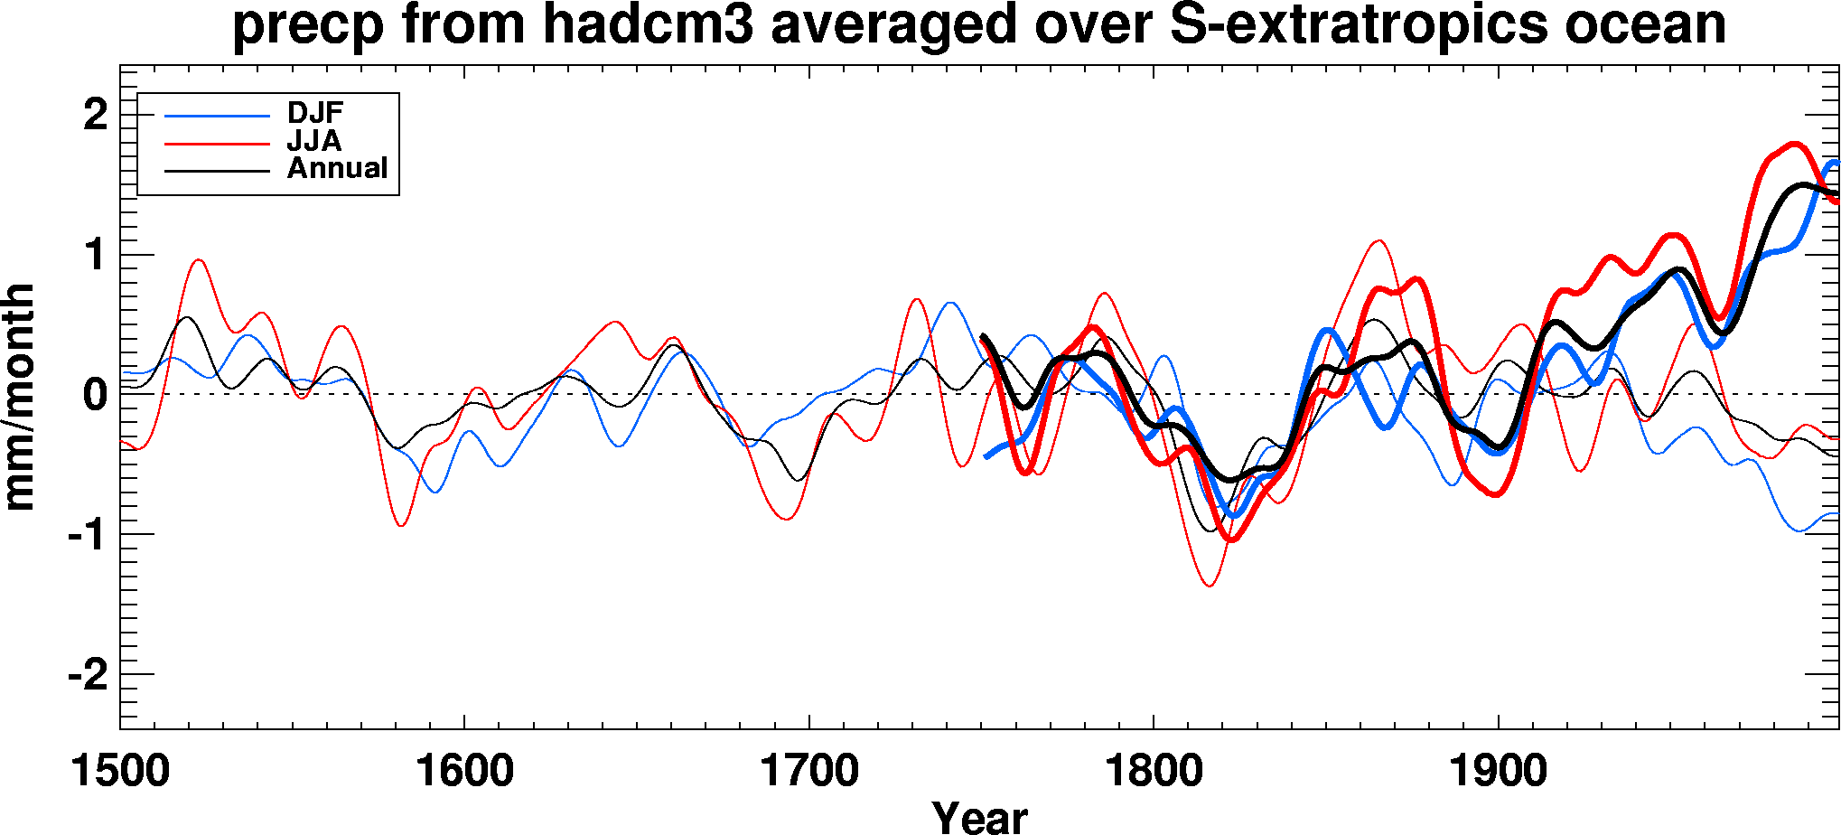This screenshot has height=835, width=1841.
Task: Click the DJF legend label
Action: (x=315, y=113)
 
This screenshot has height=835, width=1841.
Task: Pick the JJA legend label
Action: (x=313, y=141)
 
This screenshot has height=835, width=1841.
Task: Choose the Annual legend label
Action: (x=337, y=168)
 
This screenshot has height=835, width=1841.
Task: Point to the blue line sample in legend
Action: (x=217, y=116)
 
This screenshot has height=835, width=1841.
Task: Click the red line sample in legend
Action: (x=217, y=144)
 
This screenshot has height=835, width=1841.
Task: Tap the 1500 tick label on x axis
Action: (x=120, y=772)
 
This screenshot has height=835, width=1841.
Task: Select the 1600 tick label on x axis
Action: (x=464, y=772)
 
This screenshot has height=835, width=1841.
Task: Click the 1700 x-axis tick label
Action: (x=809, y=772)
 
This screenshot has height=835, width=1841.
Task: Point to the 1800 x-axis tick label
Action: (x=1154, y=772)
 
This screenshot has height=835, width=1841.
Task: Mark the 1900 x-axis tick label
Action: (x=1499, y=772)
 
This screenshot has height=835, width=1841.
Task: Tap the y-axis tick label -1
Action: (x=88, y=535)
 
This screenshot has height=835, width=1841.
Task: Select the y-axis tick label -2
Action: (x=88, y=675)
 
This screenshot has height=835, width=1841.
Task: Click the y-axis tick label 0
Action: (x=96, y=395)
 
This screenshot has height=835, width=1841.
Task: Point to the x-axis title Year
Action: (x=979, y=817)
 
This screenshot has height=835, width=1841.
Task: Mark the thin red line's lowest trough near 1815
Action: (x=1209, y=586)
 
